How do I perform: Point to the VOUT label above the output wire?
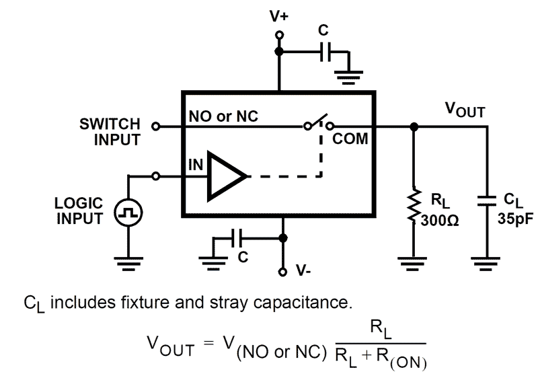[465, 110]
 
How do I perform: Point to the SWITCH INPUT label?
[110, 132]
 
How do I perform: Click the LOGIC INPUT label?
[79, 209]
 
